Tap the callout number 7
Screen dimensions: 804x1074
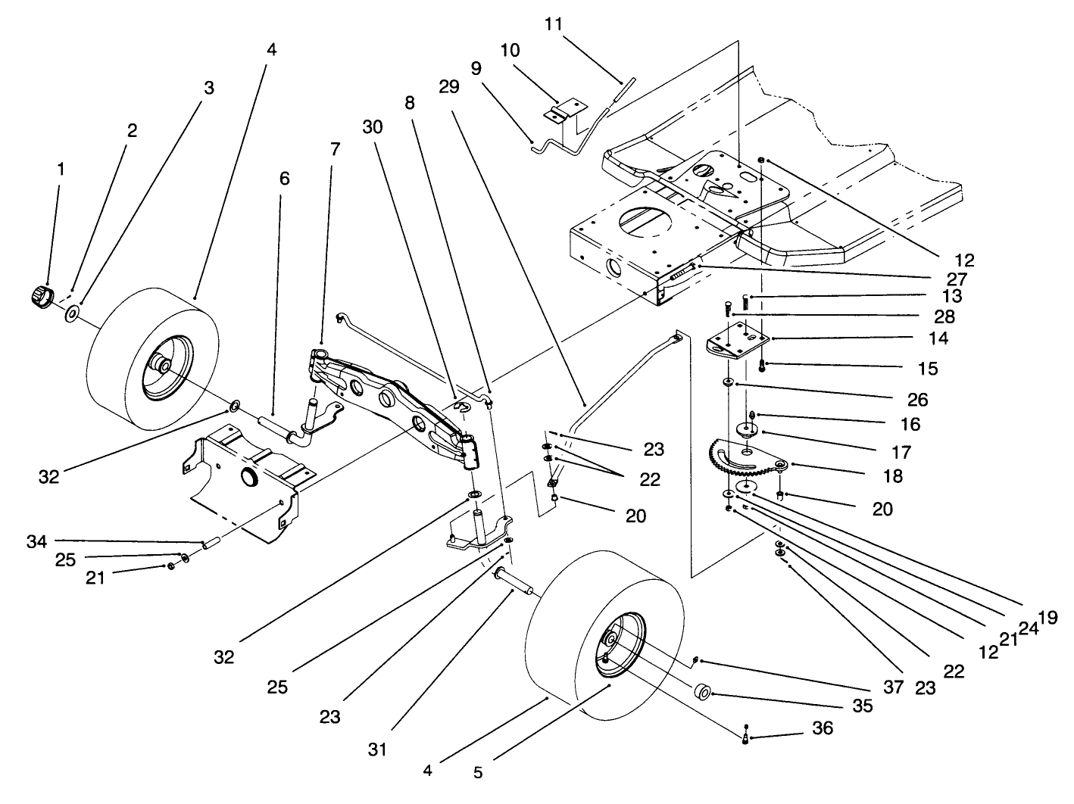click(x=335, y=149)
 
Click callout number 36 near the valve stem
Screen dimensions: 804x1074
click(x=823, y=728)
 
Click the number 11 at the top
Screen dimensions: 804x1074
click(x=554, y=23)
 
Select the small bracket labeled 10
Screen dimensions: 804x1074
click(x=564, y=111)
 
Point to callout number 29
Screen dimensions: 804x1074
click(x=448, y=87)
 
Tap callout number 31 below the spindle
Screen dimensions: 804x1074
click(x=377, y=749)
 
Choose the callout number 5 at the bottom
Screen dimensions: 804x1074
click(x=478, y=774)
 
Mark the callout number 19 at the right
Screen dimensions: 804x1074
click(x=1048, y=617)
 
